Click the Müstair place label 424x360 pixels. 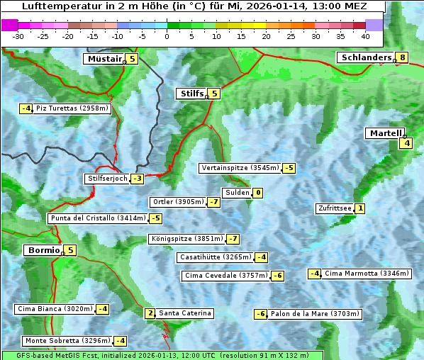pyautogui.click(x=104, y=59)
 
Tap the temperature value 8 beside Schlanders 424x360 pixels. pyautogui.click(x=403, y=58)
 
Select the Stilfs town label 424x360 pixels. pyautogui.click(x=191, y=94)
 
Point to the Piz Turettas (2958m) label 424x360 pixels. pyautogui.click(x=72, y=108)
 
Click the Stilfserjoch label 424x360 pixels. pyautogui.click(x=106, y=179)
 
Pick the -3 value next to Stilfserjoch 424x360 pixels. pyautogui.click(x=137, y=179)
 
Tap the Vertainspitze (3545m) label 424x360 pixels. pyautogui.click(x=240, y=168)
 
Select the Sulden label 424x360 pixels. pyautogui.click(x=237, y=193)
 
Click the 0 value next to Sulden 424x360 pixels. pyautogui.click(x=258, y=193)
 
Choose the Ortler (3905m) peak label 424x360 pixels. pyautogui.click(x=178, y=202)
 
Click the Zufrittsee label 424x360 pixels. pyautogui.click(x=334, y=208)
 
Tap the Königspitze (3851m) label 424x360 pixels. pyautogui.click(x=186, y=239)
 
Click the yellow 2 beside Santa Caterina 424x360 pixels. pyautogui.click(x=150, y=313)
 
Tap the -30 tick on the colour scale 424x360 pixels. pyautogui.click(x=18, y=35)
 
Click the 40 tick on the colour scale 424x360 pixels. pyautogui.click(x=365, y=35)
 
